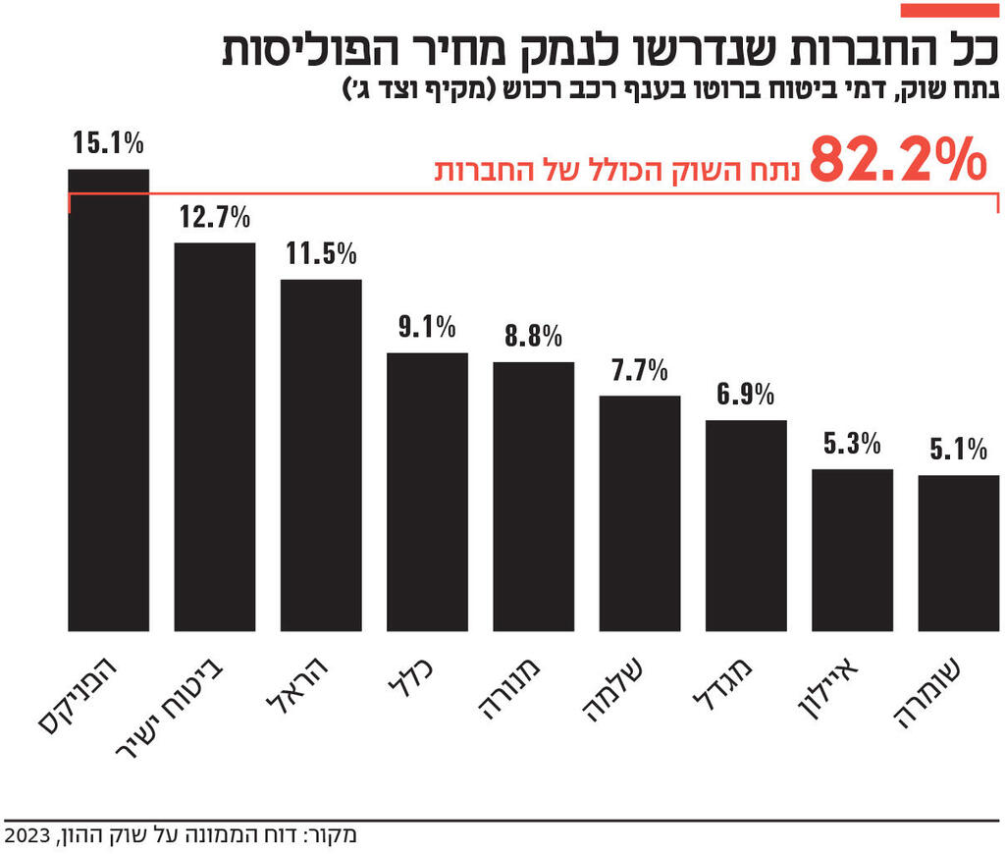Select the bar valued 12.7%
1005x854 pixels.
click(214, 437)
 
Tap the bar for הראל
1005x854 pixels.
click(321, 455)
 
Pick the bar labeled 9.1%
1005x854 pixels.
click(427, 492)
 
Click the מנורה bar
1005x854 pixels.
click(533, 497)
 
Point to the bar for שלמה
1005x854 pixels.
click(639, 513)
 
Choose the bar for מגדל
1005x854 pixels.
click(746, 525)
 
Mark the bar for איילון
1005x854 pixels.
click(852, 550)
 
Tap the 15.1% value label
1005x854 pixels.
click(108, 143)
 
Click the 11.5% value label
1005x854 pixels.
click(321, 254)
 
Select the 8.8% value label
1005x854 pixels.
click(533, 337)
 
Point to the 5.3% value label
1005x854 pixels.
click(852, 444)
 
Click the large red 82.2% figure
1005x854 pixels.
click(896, 161)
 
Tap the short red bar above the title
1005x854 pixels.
click(949, 10)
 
